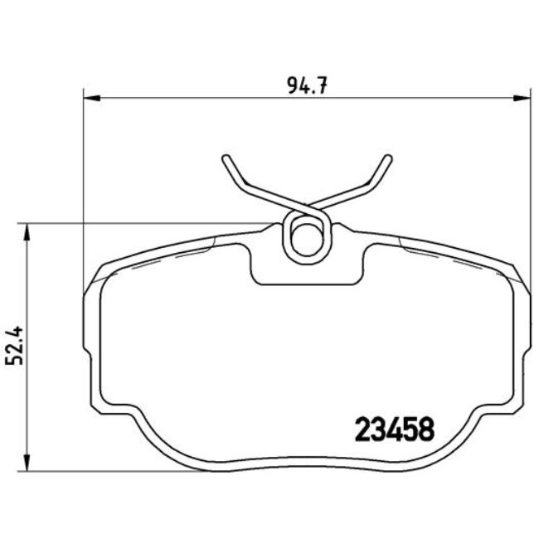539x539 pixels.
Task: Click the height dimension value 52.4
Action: click(14, 347)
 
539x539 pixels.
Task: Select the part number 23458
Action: click(395, 430)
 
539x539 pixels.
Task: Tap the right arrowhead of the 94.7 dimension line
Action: click(523, 97)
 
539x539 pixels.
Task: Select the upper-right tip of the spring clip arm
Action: click(388, 158)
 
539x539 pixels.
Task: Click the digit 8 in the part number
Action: click(426, 430)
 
